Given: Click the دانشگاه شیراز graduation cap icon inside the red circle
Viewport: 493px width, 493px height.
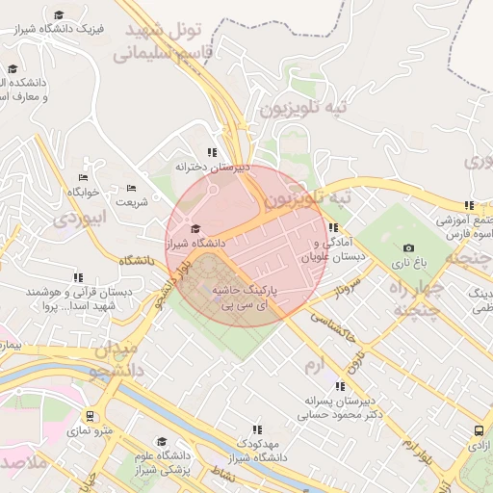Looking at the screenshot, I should (x=196, y=228).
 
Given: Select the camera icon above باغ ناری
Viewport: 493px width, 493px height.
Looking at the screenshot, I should (x=409, y=248).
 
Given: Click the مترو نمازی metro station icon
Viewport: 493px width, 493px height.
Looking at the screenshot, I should (x=91, y=417).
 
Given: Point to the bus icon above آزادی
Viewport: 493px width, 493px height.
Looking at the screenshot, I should (x=479, y=431).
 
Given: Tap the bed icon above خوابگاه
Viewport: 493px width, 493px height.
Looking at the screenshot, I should (x=84, y=177).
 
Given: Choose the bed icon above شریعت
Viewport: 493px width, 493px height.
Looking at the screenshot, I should (x=132, y=188).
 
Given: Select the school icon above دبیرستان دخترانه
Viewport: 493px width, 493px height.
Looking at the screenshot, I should (x=212, y=152).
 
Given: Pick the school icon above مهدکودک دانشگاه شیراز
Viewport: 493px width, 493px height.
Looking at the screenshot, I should (x=256, y=429).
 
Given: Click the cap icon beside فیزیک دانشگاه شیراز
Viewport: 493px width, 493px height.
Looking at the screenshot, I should (x=60, y=14).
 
